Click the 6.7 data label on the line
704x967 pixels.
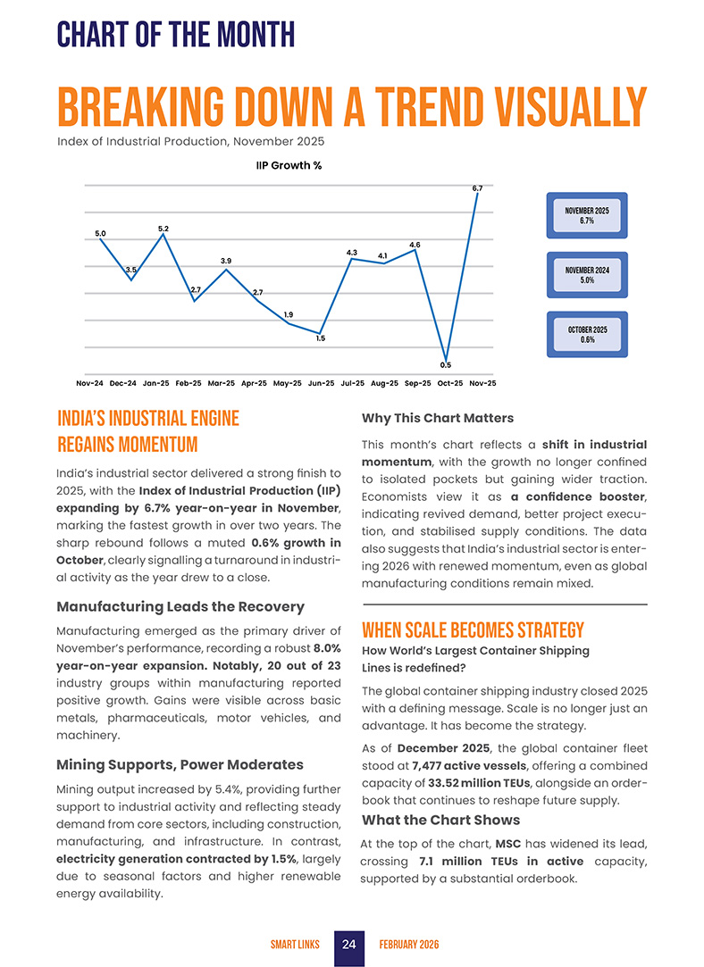point(477,188)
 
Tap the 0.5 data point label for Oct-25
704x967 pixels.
point(445,364)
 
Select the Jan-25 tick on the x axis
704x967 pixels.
point(156,383)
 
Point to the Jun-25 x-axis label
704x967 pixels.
point(322,383)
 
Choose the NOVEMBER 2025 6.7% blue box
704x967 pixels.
point(586,215)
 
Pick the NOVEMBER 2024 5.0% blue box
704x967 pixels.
point(586,275)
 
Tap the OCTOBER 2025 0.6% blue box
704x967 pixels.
point(586,335)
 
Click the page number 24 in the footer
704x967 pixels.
point(349,945)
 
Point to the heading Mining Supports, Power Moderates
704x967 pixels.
point(180,764)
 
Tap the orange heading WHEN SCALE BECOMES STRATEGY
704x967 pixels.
point(473,630)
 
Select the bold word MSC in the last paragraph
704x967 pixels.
point(508,844)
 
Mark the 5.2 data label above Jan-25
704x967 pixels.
point(163,229)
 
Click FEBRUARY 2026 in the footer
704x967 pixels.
point(409,945)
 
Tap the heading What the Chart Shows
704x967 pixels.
point(440,820)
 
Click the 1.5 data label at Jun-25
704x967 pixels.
point(320,338)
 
